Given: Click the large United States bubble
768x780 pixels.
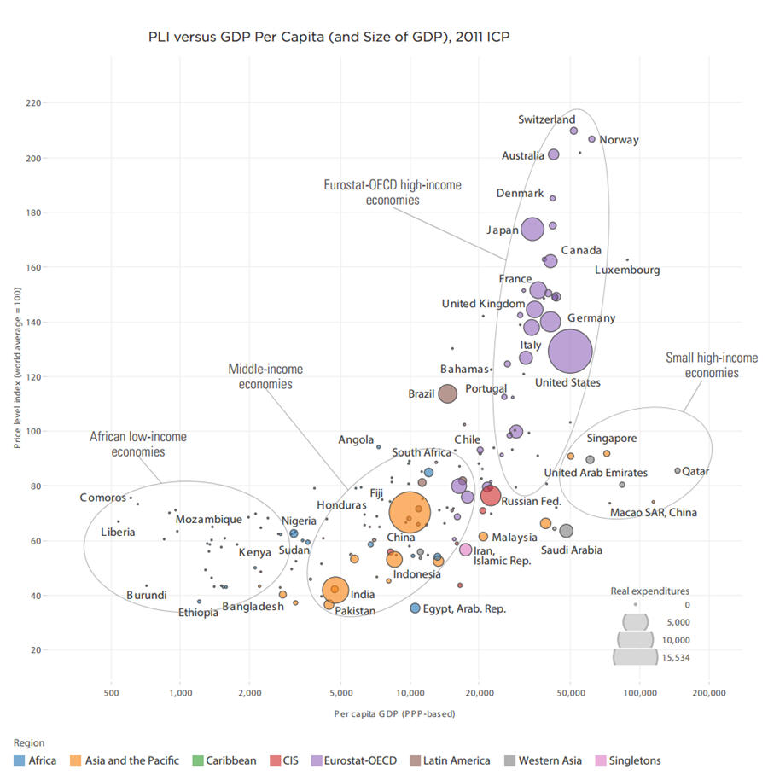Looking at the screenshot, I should tap(570, 351).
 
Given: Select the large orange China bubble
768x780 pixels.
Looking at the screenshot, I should tap(410, 512).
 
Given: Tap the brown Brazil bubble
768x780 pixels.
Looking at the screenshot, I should tap(447, 393).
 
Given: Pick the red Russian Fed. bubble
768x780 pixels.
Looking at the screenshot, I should tap(490, 496).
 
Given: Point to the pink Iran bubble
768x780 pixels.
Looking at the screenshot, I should tap(466, 550).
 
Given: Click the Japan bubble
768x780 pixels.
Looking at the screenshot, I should tap(532, 230).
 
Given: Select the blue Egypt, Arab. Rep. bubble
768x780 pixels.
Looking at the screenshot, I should tap(416, 608).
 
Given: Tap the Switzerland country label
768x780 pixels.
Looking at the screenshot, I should tap(546, 120).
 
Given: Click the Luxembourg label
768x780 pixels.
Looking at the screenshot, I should tap(627, 271).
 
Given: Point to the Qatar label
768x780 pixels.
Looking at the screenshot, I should tap(695, 471).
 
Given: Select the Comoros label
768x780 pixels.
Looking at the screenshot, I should tap(103, 498).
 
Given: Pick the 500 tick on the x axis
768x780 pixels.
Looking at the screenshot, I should tap(110, 693).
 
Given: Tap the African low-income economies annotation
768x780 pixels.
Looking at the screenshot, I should tap(137, 444).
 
